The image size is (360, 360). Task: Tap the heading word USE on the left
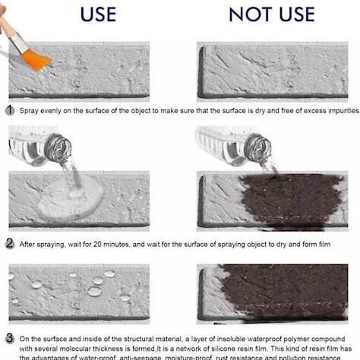(x=99, y=14)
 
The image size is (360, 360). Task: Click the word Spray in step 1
(x=31, y=111)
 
